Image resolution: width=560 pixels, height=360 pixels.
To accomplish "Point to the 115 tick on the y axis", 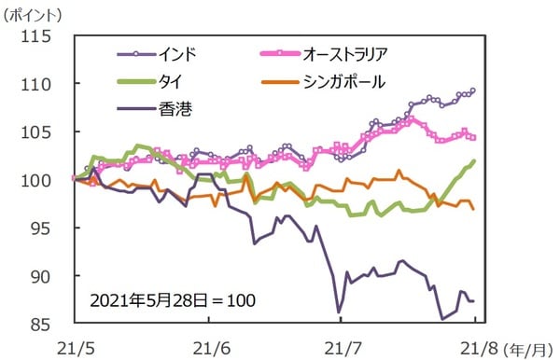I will pos(45,36).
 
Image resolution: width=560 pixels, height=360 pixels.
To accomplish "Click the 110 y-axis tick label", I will pos(45,84).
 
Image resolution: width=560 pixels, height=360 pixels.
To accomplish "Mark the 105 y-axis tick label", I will pos(45,132).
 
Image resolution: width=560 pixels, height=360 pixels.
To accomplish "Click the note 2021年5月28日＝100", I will pos(173,301).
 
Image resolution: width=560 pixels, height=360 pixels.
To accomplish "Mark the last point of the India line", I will pos(473,90).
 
